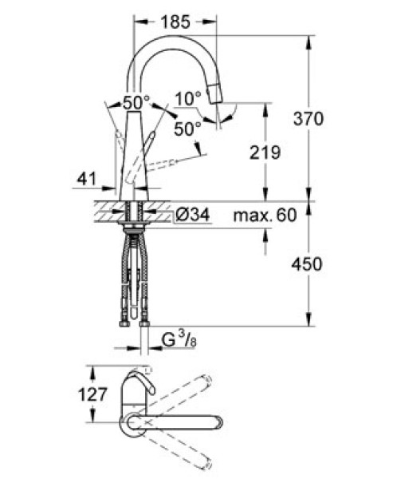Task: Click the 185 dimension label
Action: [x=175, y=22]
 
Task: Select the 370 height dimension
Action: [x=308, y=118]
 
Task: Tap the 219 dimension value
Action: [x=265, y=152]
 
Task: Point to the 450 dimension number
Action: [x=307, y=264]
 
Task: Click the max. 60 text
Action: [x=265, y=216]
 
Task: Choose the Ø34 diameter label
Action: [x=193, y=215]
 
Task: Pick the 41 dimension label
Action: [x=86, y=179]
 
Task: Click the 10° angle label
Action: [x=188, y=99]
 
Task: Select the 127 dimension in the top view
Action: [x=92, y=394]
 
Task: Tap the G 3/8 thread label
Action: [x=179, y=340]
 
